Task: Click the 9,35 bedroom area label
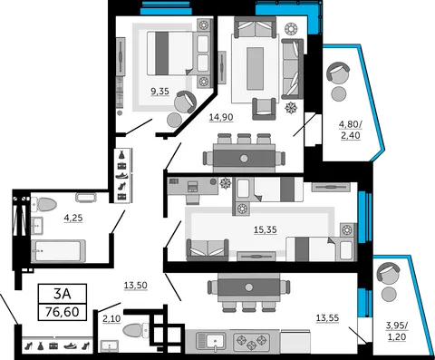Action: [x=159, y=91]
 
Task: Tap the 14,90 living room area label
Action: [x=221, y=117]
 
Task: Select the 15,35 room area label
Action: [x=266, y=229]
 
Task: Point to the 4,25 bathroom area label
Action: [x=73, y=218]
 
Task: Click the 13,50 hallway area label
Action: [x=136, y=285]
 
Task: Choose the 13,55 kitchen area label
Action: [x=327, y=318]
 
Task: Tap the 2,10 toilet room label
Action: [x=111, y=318]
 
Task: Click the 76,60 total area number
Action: [x=63, y=311]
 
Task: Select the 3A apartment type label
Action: [x=63, y=293]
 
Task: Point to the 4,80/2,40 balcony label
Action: [x=351, y=130]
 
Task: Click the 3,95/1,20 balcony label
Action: [x=397, y=331]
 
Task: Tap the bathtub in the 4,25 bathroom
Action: [x=58, y=251]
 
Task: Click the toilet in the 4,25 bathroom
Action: [x=44, y=204]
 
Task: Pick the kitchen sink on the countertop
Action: [x=210, y=341]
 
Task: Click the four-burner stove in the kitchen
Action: [x=251, y=341]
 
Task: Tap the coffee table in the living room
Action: [x=255, y=68]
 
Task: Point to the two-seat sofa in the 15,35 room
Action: [x=208, y=249]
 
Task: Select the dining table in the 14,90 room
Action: [x=244, y=158]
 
